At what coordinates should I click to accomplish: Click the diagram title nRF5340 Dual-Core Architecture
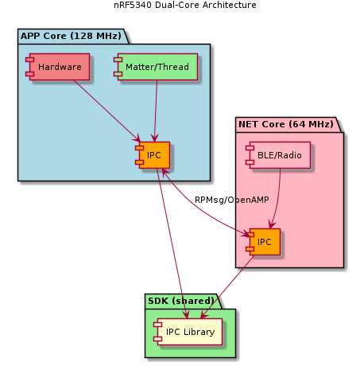coord(180,6)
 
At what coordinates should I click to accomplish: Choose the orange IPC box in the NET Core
coord(264,241)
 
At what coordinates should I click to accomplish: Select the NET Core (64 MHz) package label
coord(285,124)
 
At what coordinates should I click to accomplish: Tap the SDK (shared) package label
coord(181,300)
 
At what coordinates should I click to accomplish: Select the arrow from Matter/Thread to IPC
coord(155,111)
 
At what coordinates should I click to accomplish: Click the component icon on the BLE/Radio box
coord(250,155)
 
